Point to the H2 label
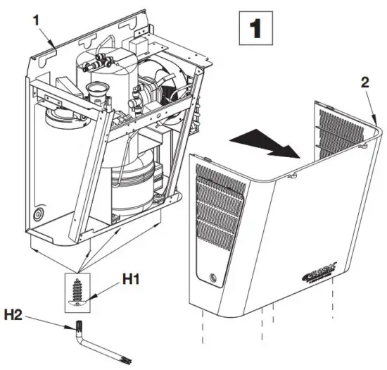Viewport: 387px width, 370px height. pyautogui.click(x=21, y=312)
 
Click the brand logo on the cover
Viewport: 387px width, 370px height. pyautogui.click(x=323, y=270)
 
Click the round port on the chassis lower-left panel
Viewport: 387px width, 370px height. pyautogui.click(x=39, y=213)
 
